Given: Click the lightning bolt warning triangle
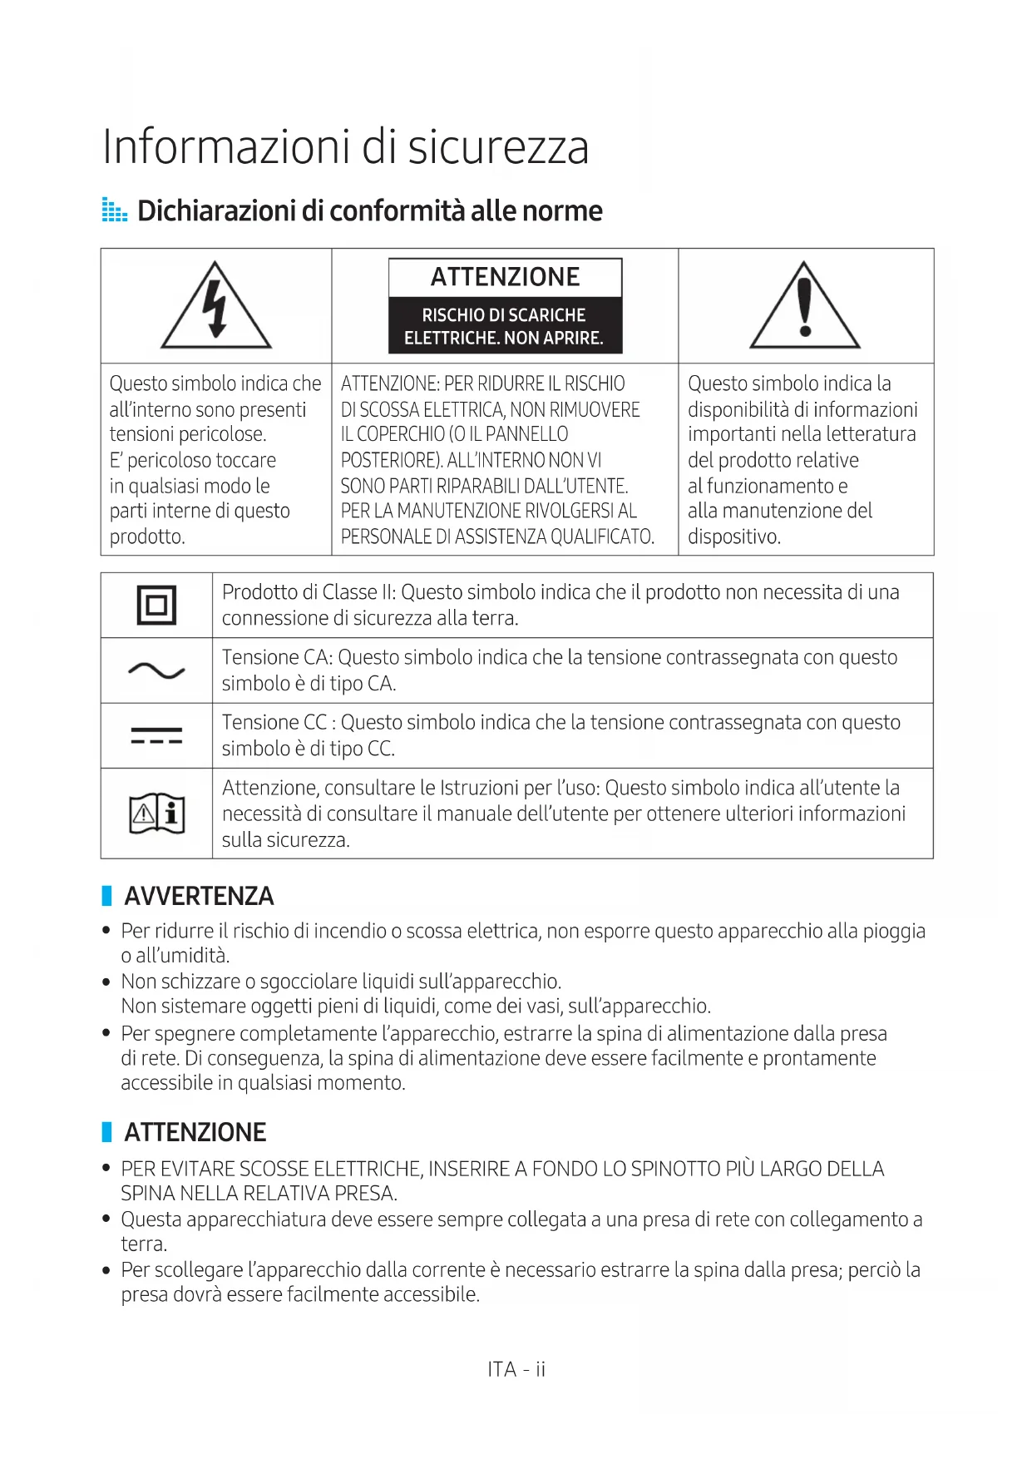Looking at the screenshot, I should [x=216, y=306].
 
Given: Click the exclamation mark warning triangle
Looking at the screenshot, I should [x=804, y=306].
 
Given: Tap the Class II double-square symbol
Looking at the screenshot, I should [x=156, y=605].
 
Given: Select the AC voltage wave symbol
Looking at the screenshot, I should [x=156, y=670].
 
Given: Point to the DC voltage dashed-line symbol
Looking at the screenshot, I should [x=156, y=735].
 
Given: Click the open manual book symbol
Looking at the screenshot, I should [x=156, y=814].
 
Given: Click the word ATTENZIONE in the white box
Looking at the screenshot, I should [x=505, y=277].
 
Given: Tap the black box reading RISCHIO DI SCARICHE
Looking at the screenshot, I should [x=505, y=326].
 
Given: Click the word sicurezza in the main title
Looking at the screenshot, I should [x=498, y=148].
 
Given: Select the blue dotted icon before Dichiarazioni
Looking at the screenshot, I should [x=114, y=210].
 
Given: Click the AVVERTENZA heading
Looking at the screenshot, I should [x=199, y=896].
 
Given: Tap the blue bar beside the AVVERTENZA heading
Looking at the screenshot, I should [x=106, y=896].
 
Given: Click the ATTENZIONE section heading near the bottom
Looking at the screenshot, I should [x=195, y=1132].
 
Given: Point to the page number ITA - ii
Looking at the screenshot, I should [x=516, y=1369].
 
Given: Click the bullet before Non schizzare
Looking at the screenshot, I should [x=106, y=982].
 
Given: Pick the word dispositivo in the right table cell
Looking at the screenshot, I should [x=733, y=537].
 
